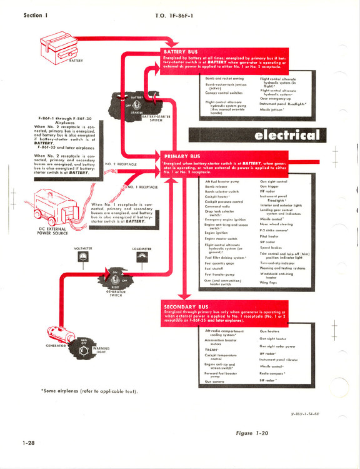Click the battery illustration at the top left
click(59, 46)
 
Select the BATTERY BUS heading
click(184, 52)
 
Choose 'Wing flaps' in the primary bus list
click(269, 282)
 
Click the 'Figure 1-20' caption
click(258, 433)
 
